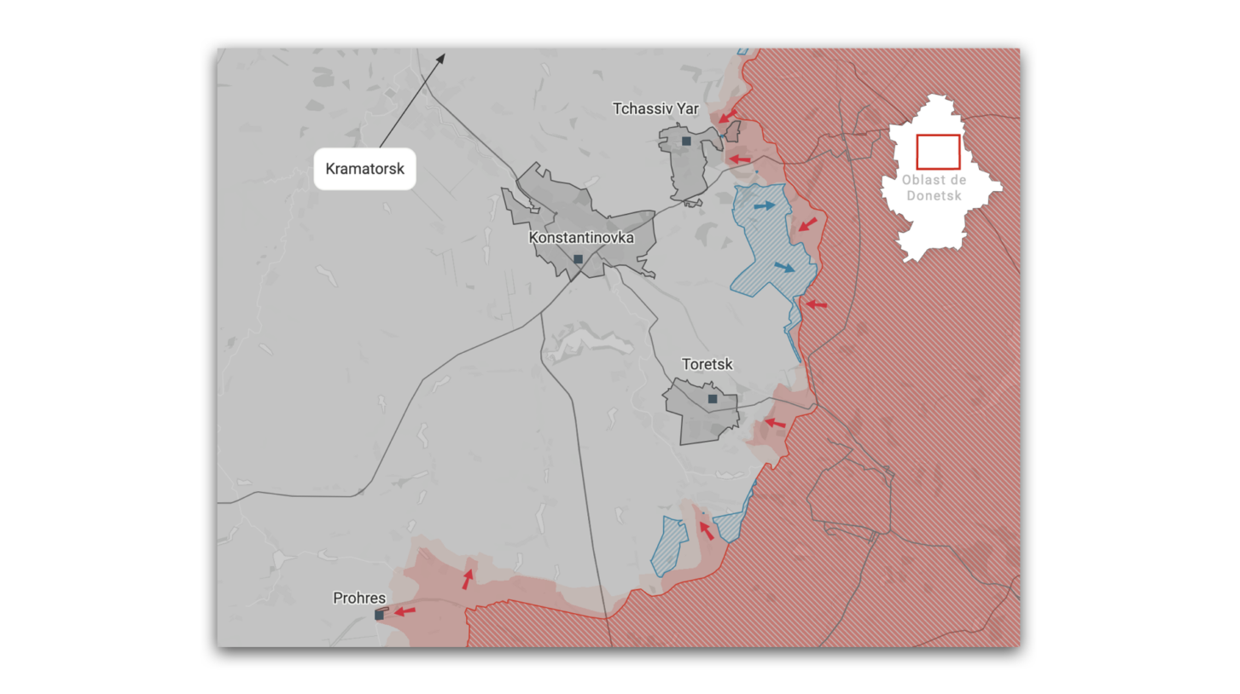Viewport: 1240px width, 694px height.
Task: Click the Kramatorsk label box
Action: (364, 169)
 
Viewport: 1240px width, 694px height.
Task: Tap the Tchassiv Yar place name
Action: (655, 108)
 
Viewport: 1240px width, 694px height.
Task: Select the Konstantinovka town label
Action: (581, 237)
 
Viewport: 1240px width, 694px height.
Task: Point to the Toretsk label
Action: (707, 364)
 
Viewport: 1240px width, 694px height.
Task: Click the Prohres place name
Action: (359, 599)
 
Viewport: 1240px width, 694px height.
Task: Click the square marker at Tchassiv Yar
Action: (686, 141)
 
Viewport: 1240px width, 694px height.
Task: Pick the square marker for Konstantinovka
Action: (578, 259)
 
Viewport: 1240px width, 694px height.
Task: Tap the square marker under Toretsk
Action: (713, 398)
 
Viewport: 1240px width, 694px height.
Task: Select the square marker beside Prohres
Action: (379, 615)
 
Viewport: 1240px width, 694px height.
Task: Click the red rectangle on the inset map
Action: (938, 152)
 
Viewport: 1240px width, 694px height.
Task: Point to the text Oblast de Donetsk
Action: (934, 188)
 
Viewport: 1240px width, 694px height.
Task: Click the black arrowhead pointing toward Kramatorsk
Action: (441, 58)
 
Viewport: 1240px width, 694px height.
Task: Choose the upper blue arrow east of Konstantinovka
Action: (765, 205)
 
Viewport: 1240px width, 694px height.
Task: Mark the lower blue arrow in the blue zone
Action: (784, 268)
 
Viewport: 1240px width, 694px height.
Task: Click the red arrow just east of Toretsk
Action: (774, 422)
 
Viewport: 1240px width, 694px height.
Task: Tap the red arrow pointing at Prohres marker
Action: (405, 610)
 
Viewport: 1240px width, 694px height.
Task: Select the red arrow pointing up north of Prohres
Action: (468, 579)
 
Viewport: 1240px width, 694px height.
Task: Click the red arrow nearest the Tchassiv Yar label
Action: (727, 115)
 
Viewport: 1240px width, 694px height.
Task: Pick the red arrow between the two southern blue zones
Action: (706, 530)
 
